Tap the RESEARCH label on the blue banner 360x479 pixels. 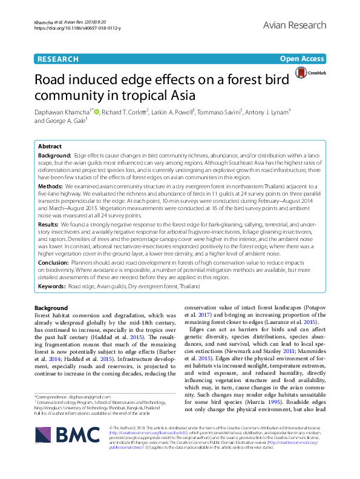(x=57, y=59)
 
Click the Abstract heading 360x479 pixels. (x=50, y=147)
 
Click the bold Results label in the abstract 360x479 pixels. (x=48, y=224)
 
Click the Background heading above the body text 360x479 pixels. (x=51, y=308)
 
